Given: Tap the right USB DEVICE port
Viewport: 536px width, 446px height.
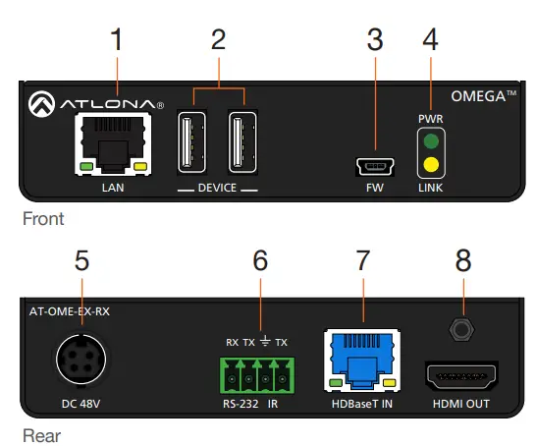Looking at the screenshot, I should coord(241,143).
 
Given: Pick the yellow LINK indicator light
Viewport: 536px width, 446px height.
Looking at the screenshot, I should coord(430,164).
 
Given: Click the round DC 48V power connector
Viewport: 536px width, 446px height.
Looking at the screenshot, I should coord(81,362).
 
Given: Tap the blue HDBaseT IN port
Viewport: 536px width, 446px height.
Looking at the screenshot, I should coord(361,360).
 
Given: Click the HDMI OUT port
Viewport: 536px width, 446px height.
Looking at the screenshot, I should coord(456,376).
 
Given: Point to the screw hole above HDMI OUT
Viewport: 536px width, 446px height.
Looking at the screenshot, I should coord(457,329).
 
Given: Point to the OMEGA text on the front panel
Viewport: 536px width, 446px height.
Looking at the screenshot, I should coord(482,97).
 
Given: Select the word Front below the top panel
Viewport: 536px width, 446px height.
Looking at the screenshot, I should coord(42,219).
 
